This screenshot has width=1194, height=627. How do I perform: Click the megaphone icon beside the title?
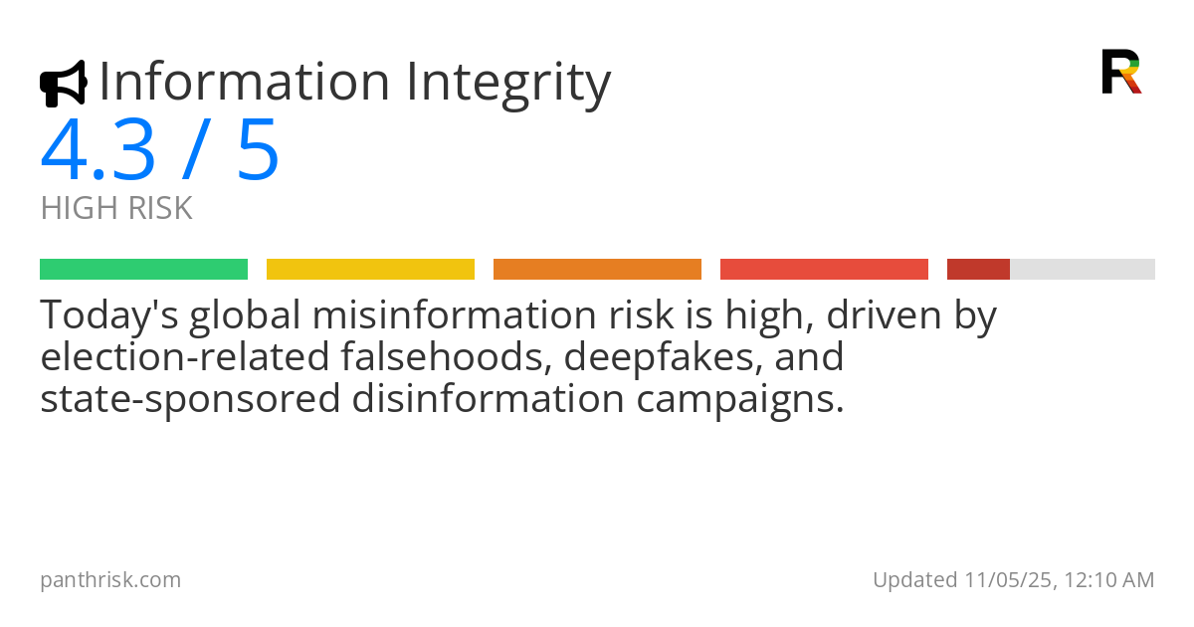click(63, 84)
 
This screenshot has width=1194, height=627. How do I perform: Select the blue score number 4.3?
click(98, 150)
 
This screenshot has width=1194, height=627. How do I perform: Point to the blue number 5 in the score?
click(258, 150)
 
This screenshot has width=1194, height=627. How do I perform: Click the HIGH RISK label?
click(116, 209)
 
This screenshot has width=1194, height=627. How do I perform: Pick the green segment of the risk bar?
click(143, 269)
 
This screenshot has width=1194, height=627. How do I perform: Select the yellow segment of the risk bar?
click(370, 269)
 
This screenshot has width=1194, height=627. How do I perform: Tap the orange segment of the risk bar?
click(597, 269)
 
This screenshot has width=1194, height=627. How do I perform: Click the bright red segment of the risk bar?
click(824, 269)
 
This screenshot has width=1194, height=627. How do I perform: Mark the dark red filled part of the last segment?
click(978, 269)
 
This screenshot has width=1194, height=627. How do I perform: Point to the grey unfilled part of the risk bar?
click(1083, 269)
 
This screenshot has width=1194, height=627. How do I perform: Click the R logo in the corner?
click(1121, 72)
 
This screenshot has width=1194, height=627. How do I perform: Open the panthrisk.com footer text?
click(110, 579)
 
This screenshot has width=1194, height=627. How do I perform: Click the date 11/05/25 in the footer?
click(1005, 579)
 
